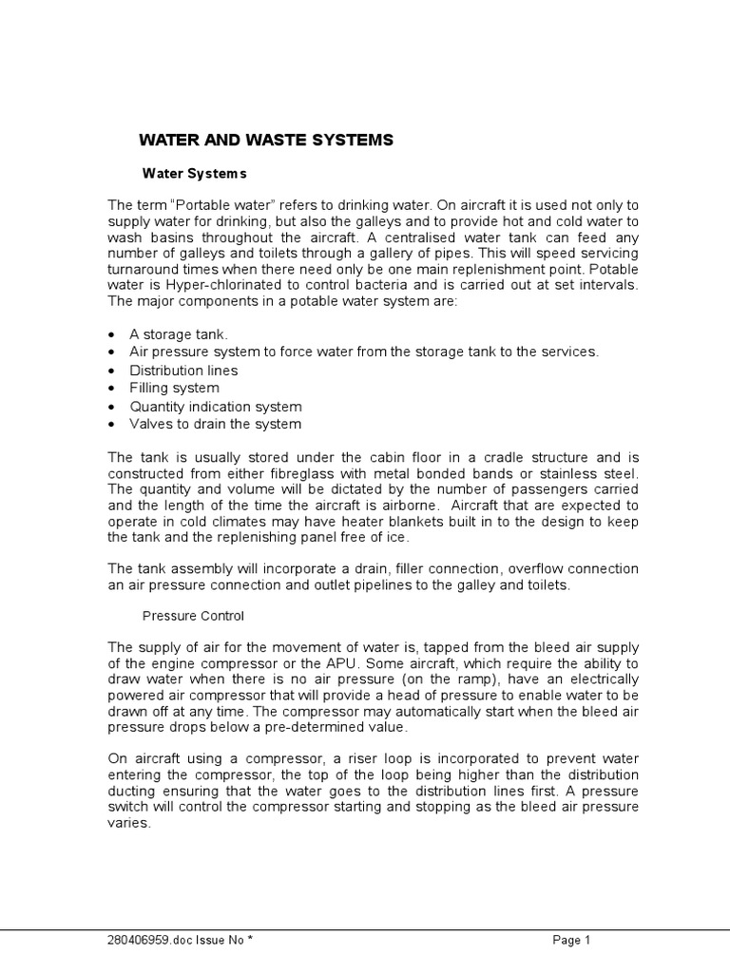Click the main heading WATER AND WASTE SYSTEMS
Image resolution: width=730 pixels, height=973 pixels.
(266, 140)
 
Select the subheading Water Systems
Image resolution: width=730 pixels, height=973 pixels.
(194, 173)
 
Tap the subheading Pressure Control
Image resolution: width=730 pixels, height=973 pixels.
(193, 615)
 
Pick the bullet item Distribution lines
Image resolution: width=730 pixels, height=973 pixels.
(183, 371)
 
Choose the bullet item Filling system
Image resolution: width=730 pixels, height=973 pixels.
(174, 388)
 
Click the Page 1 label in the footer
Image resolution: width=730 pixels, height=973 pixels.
(572, 941)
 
